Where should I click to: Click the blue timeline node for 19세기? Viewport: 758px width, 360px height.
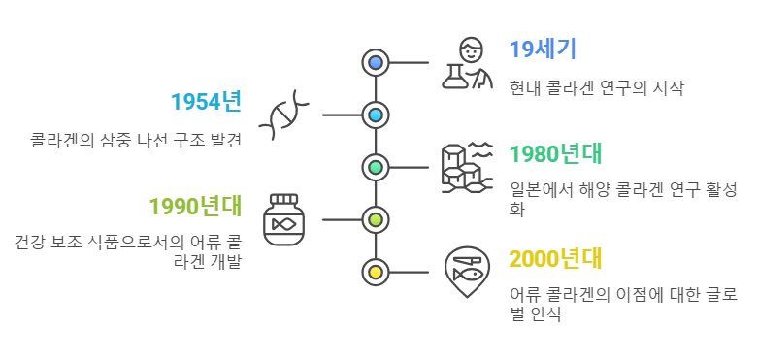click(x=376, y=63)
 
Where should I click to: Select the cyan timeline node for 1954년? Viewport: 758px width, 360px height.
click(x=376, y=115)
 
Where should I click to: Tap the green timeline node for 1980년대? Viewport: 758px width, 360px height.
click(x=376, y=168)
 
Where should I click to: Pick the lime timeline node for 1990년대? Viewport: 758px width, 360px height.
click(x=376, y=219)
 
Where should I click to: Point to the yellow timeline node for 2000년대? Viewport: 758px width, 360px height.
click(x=376, y=272)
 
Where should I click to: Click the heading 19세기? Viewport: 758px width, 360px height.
click(x=543, y=49)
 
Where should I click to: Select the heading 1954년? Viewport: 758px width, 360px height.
click(x=206, y=101)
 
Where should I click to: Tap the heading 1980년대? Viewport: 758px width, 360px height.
click(x=556, y=153)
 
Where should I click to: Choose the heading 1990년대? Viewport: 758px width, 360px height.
click(x=194, y=206)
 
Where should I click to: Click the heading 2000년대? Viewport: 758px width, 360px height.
click(x=556, y=258)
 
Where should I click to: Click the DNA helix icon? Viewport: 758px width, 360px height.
click(x=284, y=115)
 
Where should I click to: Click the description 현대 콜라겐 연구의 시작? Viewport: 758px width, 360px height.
click(x=597, y=87)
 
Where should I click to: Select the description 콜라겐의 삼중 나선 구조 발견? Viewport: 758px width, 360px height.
click(x=135, y=140)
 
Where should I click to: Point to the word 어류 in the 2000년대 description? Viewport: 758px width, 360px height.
click(x=525, y=295)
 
